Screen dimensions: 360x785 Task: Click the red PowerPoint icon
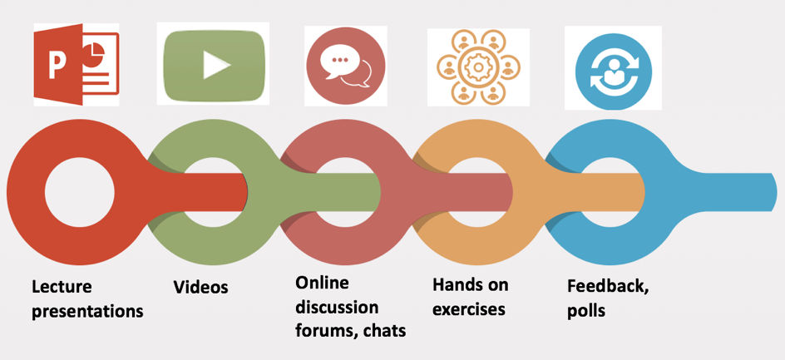click(x=76, y=65)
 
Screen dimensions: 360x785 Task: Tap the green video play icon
click(x=214, y=64)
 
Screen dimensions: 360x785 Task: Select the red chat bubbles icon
click(x=345, y=64)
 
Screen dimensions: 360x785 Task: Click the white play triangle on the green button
click(x=216, y=65)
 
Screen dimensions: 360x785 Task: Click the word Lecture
click(x=62, y=287)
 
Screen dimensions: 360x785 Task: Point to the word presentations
click(x=87, y=312)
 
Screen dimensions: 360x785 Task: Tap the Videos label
click(x=200, y=288)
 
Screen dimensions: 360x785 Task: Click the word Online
click(x=322, y=283)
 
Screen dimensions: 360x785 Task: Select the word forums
click(x=322, y=331)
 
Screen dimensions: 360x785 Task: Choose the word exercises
click(x=468, y=310)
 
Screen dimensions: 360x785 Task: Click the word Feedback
click(x=607, y=286)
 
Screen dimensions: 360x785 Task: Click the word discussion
click(x=337, y=307)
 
